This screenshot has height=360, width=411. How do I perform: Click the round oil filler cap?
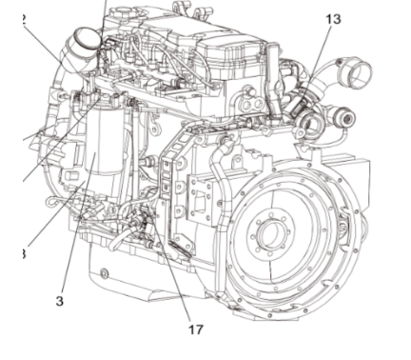click(84, 42)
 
